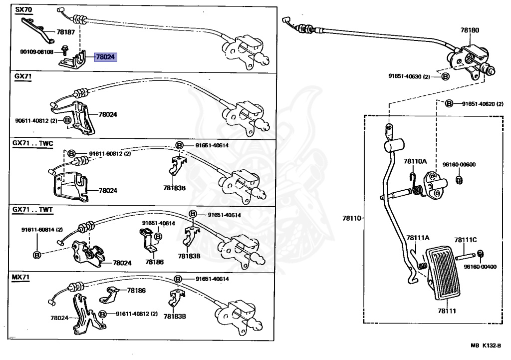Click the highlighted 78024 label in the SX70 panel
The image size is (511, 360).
pos(105,57)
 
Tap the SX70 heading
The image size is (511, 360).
pos(23,9)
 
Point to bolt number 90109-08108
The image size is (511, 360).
pos(37,51)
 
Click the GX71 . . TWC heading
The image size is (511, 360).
pos(33,143)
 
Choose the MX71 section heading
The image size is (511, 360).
pos(23,276)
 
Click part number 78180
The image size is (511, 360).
pos(469,30)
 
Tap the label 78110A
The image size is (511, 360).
pos(415,161)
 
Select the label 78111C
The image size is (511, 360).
pos(465,240)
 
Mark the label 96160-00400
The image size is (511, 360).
pos(480,266)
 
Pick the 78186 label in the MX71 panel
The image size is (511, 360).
pos(136,290)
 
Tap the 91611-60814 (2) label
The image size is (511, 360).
pos(42,230)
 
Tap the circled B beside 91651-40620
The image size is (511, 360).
pos(449,104)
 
